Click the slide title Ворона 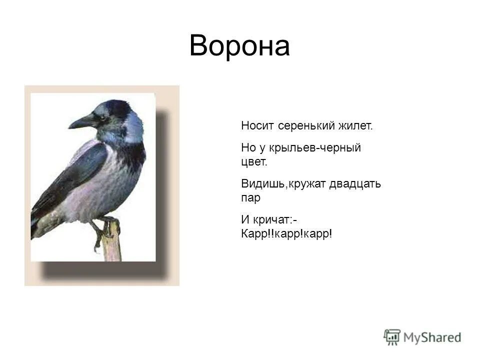pyautogui.click(x=239, y=46)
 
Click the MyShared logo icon pyautogui.click(x=392, y=337)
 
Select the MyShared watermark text pyautogui.click(x=432, y=337)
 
